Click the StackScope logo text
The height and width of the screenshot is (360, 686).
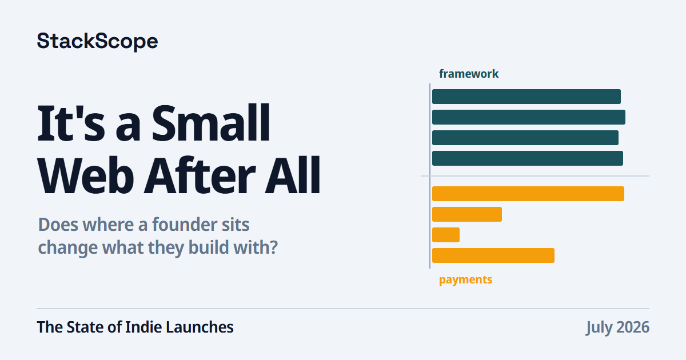97,41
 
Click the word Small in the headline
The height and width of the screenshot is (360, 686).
211,123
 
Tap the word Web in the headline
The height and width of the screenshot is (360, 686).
85,175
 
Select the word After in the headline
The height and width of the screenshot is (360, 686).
200,175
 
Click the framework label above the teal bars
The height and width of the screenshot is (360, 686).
469,74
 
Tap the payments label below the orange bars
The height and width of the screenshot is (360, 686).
465,280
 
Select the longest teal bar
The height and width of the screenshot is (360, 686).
529,117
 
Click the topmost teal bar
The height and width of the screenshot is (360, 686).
527,97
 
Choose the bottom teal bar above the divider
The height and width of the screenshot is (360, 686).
527,158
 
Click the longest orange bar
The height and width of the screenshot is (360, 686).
528,194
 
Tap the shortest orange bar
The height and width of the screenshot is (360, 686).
446,235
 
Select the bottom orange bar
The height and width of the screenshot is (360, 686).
493,255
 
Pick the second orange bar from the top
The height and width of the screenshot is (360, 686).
467,214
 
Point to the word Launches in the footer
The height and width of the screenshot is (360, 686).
200,327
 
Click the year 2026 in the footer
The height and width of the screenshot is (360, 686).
633,327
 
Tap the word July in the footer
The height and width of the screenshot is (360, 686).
599,327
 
